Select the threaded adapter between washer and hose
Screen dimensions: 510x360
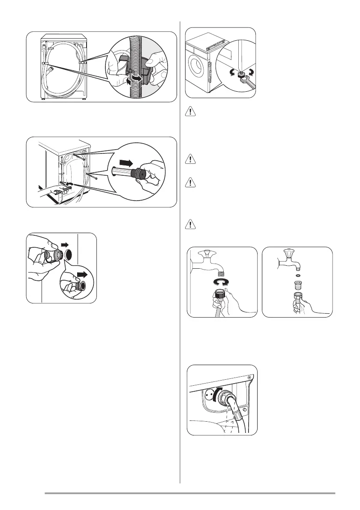[x=298, y=285]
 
